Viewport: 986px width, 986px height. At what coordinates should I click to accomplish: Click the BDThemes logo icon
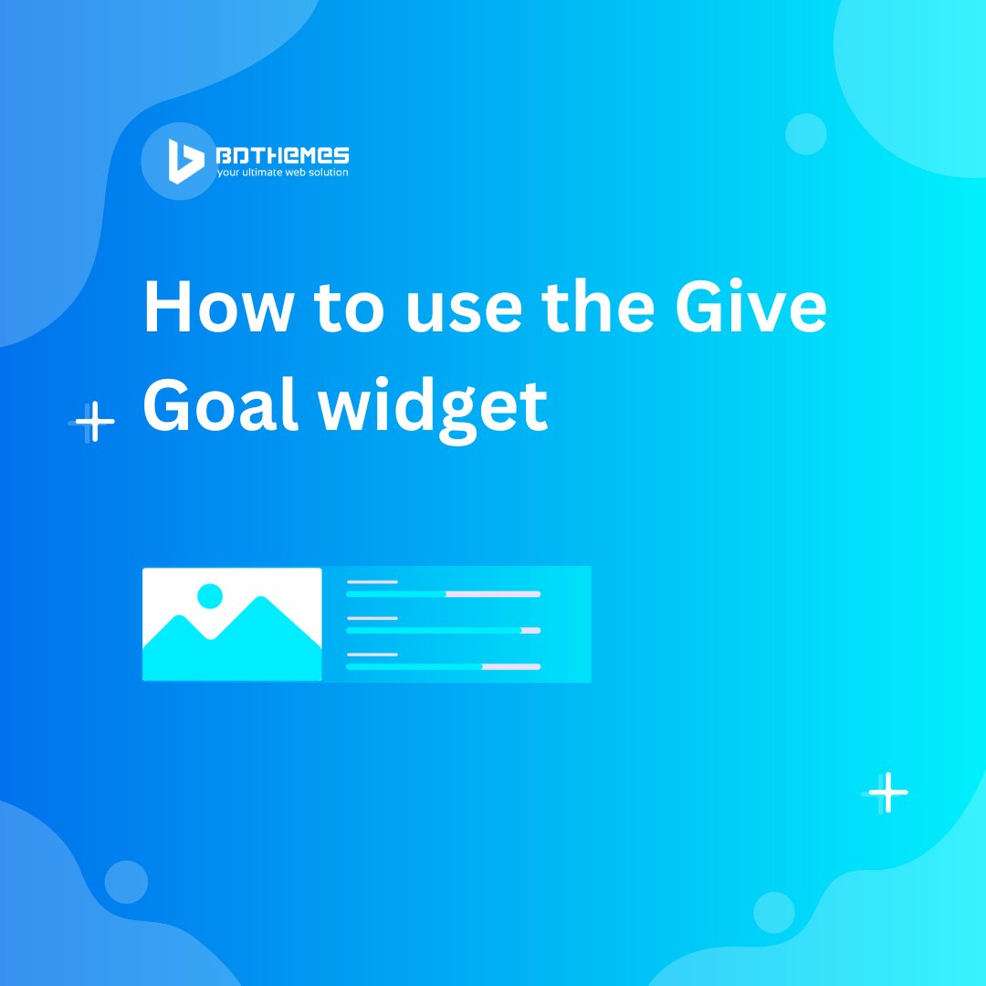[185, 162]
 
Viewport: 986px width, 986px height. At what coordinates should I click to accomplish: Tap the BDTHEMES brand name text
[282, 156]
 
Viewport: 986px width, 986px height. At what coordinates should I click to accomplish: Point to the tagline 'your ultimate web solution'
[282, 173]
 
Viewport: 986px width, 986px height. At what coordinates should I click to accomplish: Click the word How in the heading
[216, 308]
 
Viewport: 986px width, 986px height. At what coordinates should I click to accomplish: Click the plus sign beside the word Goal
[94, 422]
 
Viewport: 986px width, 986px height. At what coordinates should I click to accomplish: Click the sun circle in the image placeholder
[210, 596]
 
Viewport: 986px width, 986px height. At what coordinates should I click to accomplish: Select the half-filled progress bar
[443, 594]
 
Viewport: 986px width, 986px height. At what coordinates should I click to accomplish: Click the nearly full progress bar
[443, 630]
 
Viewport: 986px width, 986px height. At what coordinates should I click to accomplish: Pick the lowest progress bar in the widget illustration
[443, 666]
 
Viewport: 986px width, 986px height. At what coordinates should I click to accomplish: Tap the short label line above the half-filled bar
[372, 582]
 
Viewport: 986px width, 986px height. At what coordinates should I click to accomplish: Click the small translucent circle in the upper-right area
[806, 134]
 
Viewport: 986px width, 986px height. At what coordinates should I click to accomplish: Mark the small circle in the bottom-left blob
[126, 882]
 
